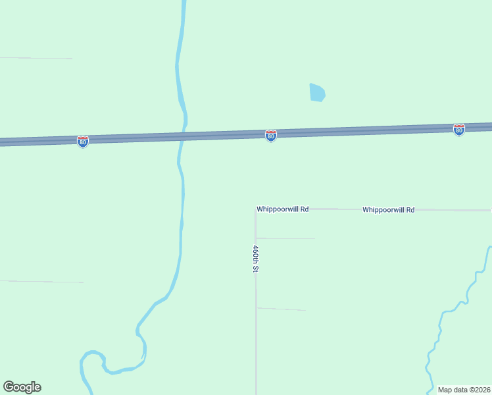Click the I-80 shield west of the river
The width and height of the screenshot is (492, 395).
click(x=82, y=141)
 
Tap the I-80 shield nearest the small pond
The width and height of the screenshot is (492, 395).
click(x=270, y=135)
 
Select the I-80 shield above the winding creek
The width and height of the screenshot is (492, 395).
click(x=459, y=130)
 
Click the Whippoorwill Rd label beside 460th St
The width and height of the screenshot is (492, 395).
click(x=283, y=209)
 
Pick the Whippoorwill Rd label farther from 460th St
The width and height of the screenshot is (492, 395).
click(x=388, y=209)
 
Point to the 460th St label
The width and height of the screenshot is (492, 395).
click(x=255, y=259)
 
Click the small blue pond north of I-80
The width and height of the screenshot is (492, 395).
click(x=317, y=92)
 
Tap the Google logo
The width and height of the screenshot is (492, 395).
click(x=22, y=387)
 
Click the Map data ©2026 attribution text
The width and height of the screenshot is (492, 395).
click(x=464, y=389)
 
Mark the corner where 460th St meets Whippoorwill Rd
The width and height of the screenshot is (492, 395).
click(x=255, y=210)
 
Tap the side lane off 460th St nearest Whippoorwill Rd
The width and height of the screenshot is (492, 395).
click(x=286, y=238)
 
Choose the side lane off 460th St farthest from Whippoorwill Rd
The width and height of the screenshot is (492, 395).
click(x=282, y=308)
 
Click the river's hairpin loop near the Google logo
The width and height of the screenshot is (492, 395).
click(x=92, y=359)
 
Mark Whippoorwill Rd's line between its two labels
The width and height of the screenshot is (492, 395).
click(x=335, y=209)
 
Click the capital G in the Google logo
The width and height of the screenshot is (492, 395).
click(x=9, y=387)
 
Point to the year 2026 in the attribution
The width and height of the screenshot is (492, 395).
click(x=481, y=389)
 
